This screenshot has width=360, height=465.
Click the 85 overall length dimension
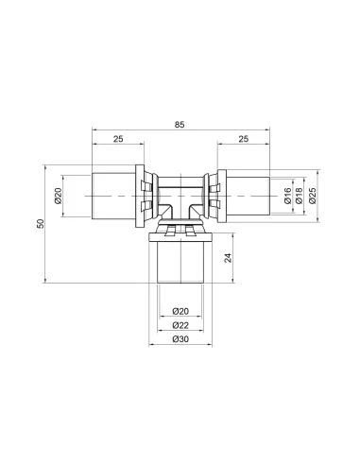(180, 125)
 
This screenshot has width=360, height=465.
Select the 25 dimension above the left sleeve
(118, 139)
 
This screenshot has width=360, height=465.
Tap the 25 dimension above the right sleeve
(244, 139)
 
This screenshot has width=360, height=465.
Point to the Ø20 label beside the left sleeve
(59, 196)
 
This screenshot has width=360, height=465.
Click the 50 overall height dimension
(41, 224)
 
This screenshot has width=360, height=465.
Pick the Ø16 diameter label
(287, 196)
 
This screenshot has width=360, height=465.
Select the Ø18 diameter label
(299, 196)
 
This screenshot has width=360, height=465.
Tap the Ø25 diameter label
(312, 196)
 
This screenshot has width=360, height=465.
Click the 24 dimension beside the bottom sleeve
(228, 258)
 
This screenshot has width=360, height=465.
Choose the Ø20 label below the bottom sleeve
(180, 311)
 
